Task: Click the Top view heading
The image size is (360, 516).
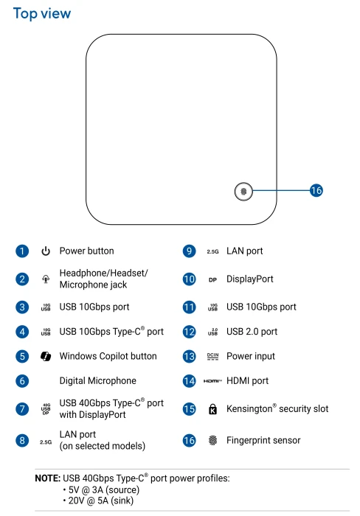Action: click(x=42, y=14)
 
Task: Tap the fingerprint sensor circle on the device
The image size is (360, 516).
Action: click(x=243, y=191)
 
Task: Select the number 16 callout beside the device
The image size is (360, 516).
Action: click(x=316, y=190)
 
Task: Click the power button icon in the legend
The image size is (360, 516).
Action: click(x=46, y=251)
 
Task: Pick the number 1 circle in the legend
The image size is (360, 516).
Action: click(x=22, y=251)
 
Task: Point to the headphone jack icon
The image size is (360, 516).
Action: click(x=46, y=279)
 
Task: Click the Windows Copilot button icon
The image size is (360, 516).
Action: click(x=46, y=356)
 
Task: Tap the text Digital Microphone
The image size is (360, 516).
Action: click(x=98, y=381)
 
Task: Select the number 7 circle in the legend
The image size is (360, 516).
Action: click(x=22, y=408)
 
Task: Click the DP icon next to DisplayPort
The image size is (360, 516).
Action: click(x=212, y=279)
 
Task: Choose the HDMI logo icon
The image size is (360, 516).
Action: click(x=212, y=381)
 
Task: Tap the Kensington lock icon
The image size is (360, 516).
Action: click(x=212, y=409)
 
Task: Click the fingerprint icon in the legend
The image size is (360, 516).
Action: click(x=212, y=440)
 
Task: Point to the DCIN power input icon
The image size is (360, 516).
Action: click(x=212, y=356)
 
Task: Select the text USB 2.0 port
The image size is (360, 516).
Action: click(x=252, y=332)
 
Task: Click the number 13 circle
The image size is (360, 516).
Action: click(x=189, y=356)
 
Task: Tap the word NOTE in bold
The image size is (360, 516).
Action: click(x=48, y=478)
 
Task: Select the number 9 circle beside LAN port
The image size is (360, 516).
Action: click(x=189, y=251)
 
